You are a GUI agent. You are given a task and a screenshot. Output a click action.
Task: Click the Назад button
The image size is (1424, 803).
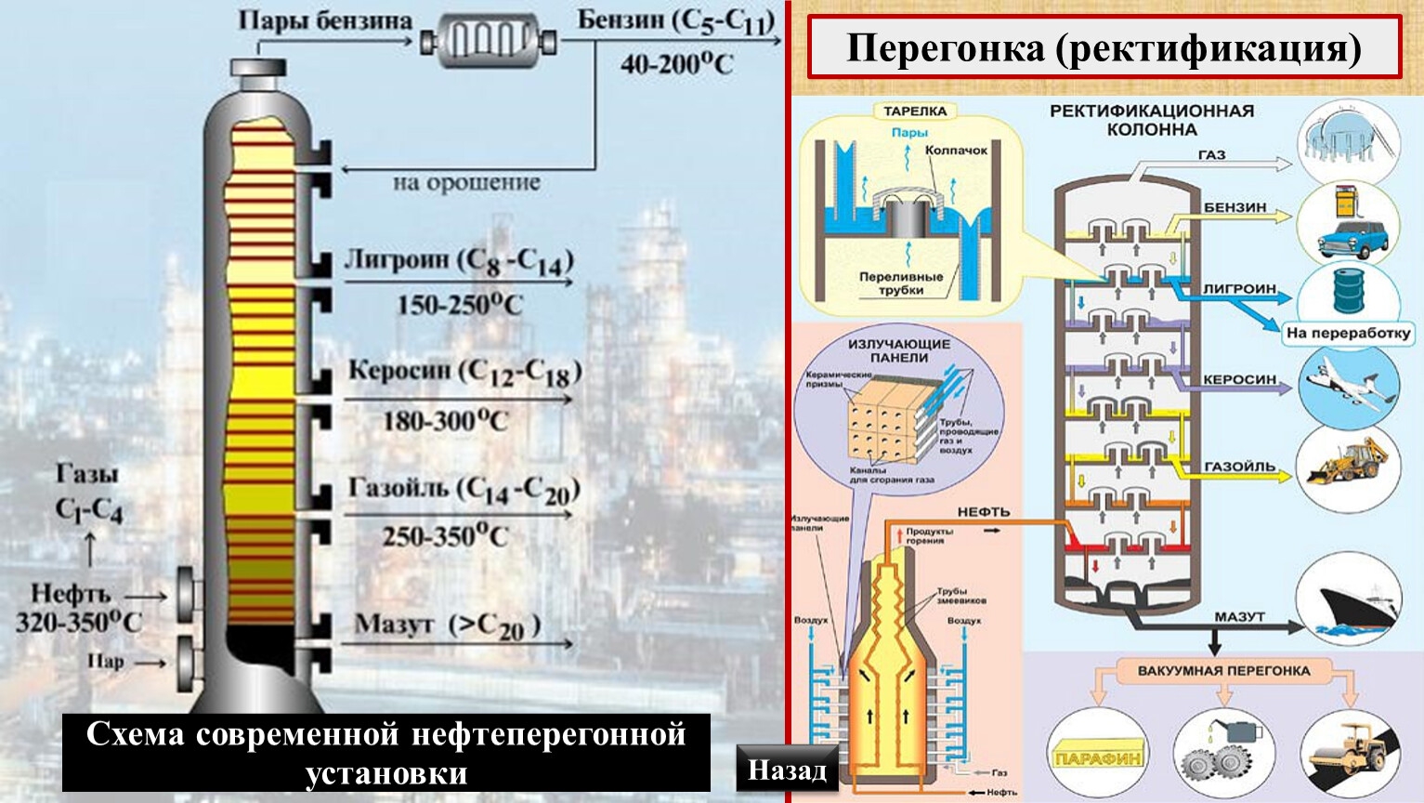787,770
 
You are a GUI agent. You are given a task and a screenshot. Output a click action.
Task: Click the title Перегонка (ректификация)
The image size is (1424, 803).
1104,47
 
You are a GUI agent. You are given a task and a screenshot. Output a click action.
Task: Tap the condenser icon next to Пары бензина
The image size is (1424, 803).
489,40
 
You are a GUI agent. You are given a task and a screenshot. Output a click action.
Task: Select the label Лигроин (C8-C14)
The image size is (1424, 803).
459,261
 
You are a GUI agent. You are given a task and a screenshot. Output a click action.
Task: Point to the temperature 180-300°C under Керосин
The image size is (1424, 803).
446,421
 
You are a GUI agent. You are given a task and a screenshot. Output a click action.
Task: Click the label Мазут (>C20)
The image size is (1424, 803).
447,625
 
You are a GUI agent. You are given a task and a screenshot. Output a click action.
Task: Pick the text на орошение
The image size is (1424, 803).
465,183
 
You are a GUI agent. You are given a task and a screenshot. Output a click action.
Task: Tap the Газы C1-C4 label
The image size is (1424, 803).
89,493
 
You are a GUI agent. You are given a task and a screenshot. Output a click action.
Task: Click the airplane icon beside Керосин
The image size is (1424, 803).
1349,383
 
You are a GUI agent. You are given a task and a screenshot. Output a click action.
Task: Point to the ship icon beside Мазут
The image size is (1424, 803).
1349,601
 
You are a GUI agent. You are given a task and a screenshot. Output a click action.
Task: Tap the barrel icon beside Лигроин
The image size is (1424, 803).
1348,292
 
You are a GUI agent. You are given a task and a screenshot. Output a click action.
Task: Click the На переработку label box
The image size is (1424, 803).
1348,333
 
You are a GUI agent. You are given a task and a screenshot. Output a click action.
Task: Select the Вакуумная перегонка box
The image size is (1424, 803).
1223,670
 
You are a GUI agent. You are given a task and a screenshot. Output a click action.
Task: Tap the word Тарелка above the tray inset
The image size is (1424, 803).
914,112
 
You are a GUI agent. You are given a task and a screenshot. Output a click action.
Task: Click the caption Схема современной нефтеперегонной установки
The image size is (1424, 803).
385,753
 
